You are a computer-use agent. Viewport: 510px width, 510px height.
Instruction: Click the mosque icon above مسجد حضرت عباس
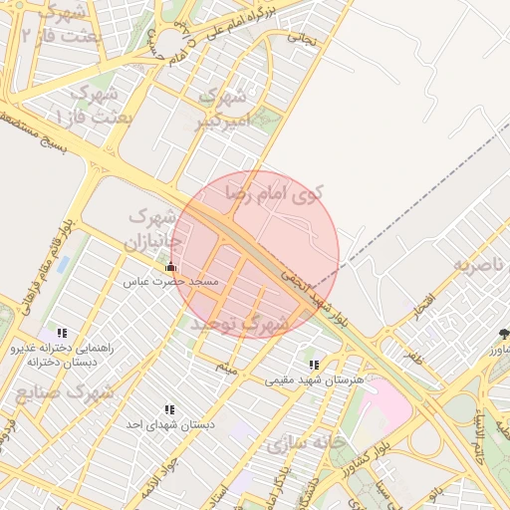170,267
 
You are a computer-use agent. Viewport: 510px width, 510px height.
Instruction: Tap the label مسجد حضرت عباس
170,282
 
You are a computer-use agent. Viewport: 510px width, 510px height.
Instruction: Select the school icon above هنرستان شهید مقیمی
315,366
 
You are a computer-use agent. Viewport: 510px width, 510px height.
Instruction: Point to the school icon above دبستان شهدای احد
169,409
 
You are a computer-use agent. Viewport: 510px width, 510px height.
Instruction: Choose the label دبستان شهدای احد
169,424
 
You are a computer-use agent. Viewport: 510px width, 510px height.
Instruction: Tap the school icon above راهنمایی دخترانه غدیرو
63,333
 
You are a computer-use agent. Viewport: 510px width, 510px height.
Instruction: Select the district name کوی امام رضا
275,192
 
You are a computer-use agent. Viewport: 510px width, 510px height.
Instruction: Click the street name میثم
229,368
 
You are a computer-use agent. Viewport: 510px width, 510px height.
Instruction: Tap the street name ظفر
413,352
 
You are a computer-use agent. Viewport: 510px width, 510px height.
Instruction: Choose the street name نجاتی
303,39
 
